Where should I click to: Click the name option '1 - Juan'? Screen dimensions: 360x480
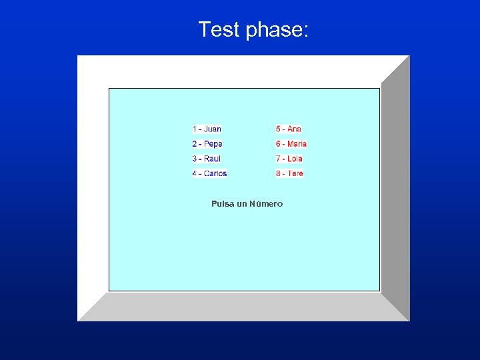pos(207,129)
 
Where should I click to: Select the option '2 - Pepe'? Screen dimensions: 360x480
pos(207,144)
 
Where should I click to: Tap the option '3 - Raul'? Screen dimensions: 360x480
pos(207,159)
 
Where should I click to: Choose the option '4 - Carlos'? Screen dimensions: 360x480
pos(210,173)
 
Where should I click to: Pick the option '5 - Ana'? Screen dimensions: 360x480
pos(289,129)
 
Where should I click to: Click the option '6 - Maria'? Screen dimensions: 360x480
pos(291,144)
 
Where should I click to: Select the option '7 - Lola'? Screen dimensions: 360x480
pos(289,159)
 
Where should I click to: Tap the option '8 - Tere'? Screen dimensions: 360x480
pos(289,173)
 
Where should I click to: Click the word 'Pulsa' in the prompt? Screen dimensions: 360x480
pos(223,204)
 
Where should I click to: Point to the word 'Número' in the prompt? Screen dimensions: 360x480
pos(266,204)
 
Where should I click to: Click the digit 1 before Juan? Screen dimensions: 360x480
pos(195,129)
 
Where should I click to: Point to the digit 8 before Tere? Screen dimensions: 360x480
pos(278,173)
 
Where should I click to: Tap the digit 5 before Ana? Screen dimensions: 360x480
pos(278,129)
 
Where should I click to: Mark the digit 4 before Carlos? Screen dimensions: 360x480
pos(195,173)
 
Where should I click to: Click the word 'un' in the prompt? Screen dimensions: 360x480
pos(242,204)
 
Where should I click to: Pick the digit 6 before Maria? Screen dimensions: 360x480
pos(278,144)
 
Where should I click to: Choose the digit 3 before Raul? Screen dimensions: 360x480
pos(195,159)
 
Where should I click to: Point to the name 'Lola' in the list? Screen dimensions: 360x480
pos(295,159)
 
